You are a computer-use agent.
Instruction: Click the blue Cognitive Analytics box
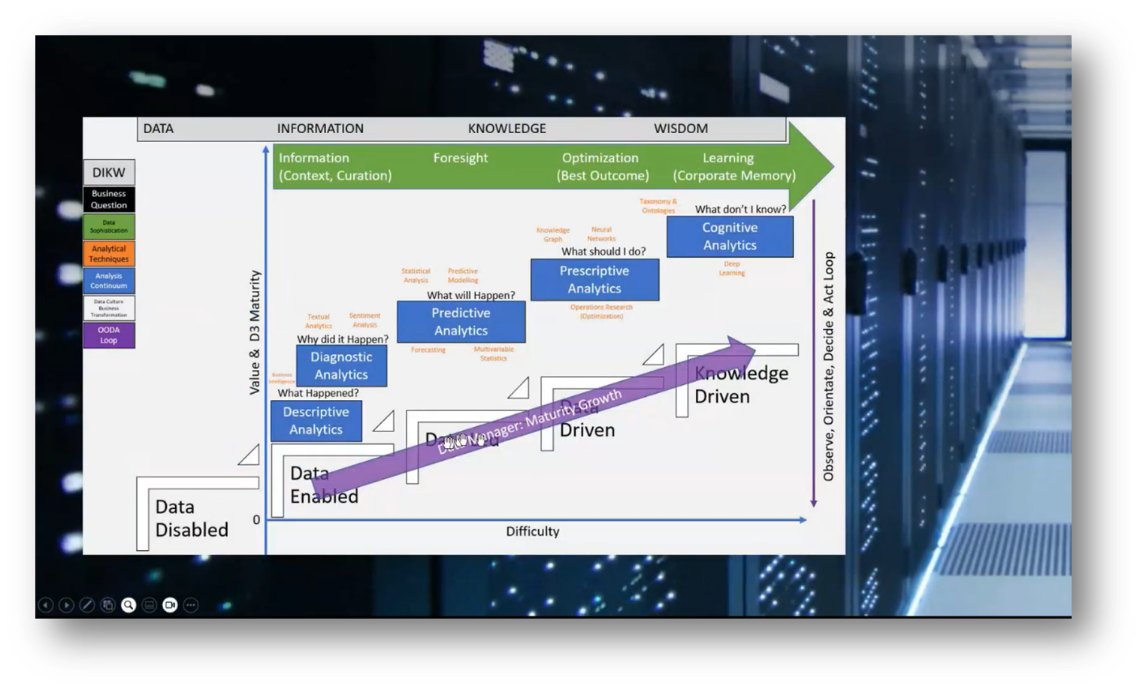coord(730,236)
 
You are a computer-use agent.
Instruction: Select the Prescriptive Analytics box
coord(594,280)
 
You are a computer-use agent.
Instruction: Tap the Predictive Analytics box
coord(461,322)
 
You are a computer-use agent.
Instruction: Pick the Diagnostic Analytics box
coord(341,365)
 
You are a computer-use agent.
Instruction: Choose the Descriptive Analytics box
coord(316,421)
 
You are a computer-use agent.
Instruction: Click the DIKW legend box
coord(109,172)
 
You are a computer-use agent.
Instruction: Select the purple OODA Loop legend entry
coord(109,335)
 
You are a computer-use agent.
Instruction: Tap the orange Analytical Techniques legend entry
coord(109,254)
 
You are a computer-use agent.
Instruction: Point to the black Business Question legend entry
coord(109,199)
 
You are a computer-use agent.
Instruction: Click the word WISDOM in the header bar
coord(681,129)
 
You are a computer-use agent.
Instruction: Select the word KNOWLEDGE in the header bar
coord(507,129)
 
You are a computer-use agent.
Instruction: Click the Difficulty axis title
coord(533,531)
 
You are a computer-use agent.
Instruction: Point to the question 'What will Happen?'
coord(471,295)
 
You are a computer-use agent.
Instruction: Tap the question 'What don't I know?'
coord(740,210)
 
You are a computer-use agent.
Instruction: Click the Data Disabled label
coord(192,519)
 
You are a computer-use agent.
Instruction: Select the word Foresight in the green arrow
coord(461,158)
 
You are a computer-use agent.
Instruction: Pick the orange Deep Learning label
coord(732,268)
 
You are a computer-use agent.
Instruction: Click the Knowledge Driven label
coord(741,385)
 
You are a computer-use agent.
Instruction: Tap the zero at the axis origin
coord(256,519)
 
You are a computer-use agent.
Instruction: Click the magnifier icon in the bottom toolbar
coord(129,605)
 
